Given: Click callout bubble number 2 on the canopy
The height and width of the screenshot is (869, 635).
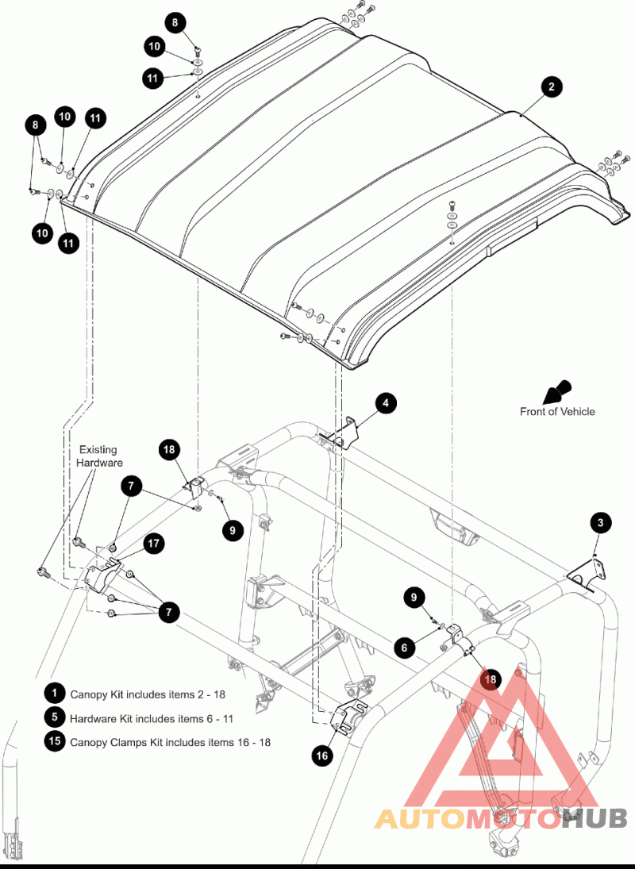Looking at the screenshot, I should point(552,87).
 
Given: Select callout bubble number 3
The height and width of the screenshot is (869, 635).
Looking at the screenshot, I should point(601,522).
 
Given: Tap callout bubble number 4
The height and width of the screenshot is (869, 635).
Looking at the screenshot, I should point(385,403).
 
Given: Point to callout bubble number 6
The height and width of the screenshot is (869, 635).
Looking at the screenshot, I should point(404,648).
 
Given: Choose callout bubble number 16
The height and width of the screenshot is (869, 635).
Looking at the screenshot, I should point(322,756).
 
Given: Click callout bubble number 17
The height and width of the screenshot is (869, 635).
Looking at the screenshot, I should point(153,544).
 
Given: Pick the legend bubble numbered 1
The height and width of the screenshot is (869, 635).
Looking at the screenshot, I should point(54,693).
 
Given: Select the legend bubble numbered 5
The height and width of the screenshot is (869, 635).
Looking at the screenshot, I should point(54,717).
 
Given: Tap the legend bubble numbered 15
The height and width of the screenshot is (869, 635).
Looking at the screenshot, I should point(54,742).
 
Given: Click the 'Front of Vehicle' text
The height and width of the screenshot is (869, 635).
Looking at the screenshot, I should point(556,411).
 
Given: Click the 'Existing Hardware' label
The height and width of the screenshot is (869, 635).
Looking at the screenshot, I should point(98,456).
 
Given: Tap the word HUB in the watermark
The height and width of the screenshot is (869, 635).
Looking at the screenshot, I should point(595,818).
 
